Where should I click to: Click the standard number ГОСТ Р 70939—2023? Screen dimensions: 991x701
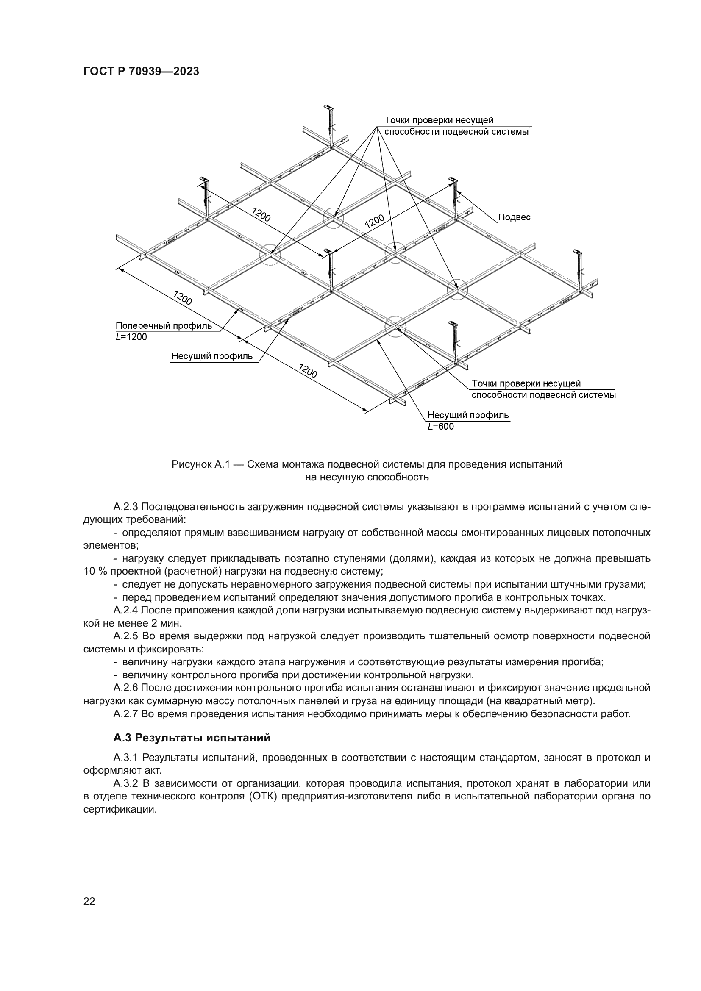click(x=141, y=72)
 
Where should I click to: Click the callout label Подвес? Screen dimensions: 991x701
click(x=514, y=217)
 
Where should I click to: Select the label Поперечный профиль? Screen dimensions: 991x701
click(x=164, y=326)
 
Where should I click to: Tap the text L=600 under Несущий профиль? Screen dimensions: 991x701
click(x=441, y=427)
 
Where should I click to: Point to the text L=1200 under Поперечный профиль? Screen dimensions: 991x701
click(x=131, y=337)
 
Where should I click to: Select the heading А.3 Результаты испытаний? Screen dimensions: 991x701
click(x=192, y=738)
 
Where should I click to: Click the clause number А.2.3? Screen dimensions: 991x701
click(x=125, y=507)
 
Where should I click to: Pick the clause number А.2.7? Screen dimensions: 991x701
click(x=125, y=714)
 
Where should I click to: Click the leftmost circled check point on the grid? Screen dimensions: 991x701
click(x=270, y=255)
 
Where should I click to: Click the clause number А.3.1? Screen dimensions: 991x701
click(x=125, y=758)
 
